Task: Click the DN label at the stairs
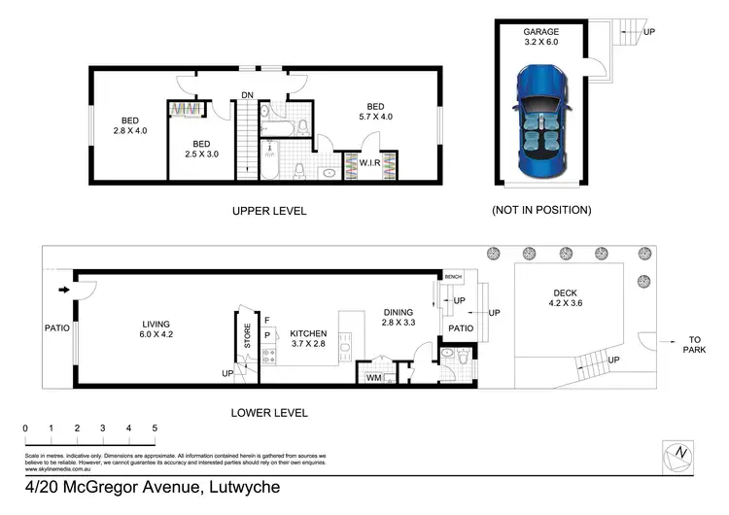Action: click(249, 94)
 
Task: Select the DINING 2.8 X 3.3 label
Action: click(399, 316)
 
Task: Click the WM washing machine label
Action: click(372, 378)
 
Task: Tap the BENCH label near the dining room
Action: click(453, 277)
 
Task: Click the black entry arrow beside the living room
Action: click(65, 289)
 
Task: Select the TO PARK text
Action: click(694, 345)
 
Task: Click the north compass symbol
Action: click(680, 453)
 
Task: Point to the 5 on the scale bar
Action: click(155, 428)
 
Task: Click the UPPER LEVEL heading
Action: click(269, 211)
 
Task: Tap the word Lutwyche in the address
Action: click(242, 487)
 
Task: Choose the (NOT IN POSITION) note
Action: click(541, 210)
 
